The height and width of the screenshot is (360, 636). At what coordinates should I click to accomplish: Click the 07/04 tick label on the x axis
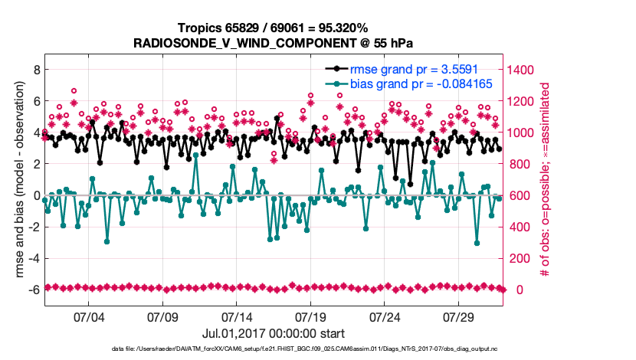(88, 316)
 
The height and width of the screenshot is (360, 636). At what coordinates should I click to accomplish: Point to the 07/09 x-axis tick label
(162, 316)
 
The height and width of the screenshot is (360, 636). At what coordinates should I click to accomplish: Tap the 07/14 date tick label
(237, 316)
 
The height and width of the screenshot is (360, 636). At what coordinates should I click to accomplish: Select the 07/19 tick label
(311, 316)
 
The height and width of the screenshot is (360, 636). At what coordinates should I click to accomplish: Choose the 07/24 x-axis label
(385, 316)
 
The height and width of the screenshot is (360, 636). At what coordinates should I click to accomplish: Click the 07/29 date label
(460, 316)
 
